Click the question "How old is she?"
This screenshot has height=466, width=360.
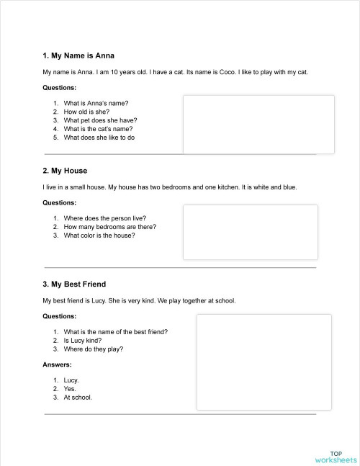click(86, 112)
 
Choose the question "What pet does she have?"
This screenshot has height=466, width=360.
click(100, 120)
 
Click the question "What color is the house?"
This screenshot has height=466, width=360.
click(99, 235)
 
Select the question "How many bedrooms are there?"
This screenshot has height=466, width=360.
click(109, 226)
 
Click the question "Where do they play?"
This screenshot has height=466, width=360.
click(93, 349)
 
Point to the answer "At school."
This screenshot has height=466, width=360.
click(78, 397)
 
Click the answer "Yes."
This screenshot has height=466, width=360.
click(70, 388)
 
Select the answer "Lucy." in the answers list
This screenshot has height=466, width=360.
click(71, 380)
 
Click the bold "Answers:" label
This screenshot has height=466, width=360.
click(57, 364)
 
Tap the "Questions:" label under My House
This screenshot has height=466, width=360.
click(59, 202)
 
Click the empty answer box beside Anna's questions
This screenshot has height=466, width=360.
click(258, 124)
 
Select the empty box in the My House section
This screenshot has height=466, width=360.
click(250, 232)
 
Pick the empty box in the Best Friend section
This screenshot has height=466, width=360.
click(264, 362)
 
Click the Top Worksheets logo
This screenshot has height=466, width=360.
click(335, 455)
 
